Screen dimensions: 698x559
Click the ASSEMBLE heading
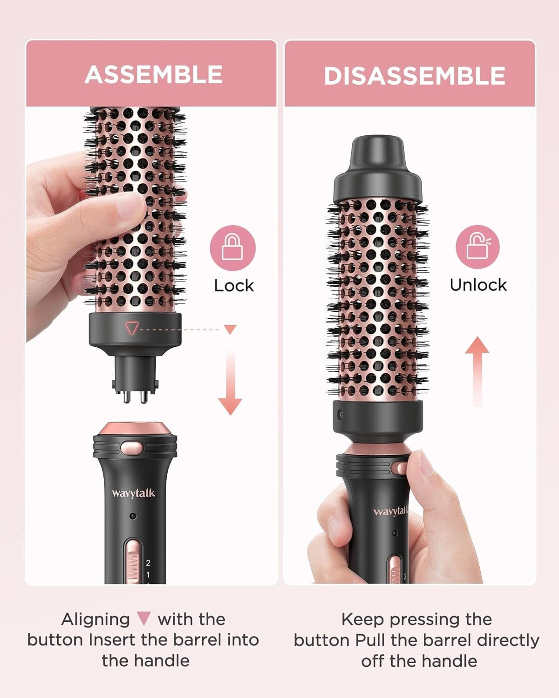[x=154, y=74]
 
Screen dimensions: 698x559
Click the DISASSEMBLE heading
[x=414, y=76]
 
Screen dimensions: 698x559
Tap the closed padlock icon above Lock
[x=232, y=248]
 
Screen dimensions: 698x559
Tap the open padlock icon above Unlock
[x=477, y=247]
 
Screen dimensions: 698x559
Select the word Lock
[x=234, y=285]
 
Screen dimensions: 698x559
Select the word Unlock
[x=478, y=285]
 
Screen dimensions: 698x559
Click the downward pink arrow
[x=230, y=382]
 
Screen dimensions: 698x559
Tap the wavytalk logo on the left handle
[x=133, y=493]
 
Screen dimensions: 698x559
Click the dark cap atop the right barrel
[x=377, y=168]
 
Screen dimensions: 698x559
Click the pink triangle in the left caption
[x=144, y=619]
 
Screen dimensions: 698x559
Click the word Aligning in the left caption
[x=95, y=619]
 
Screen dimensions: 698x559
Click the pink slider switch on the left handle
[x=133, y=561]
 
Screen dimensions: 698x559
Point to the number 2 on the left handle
[x=148, y=563]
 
